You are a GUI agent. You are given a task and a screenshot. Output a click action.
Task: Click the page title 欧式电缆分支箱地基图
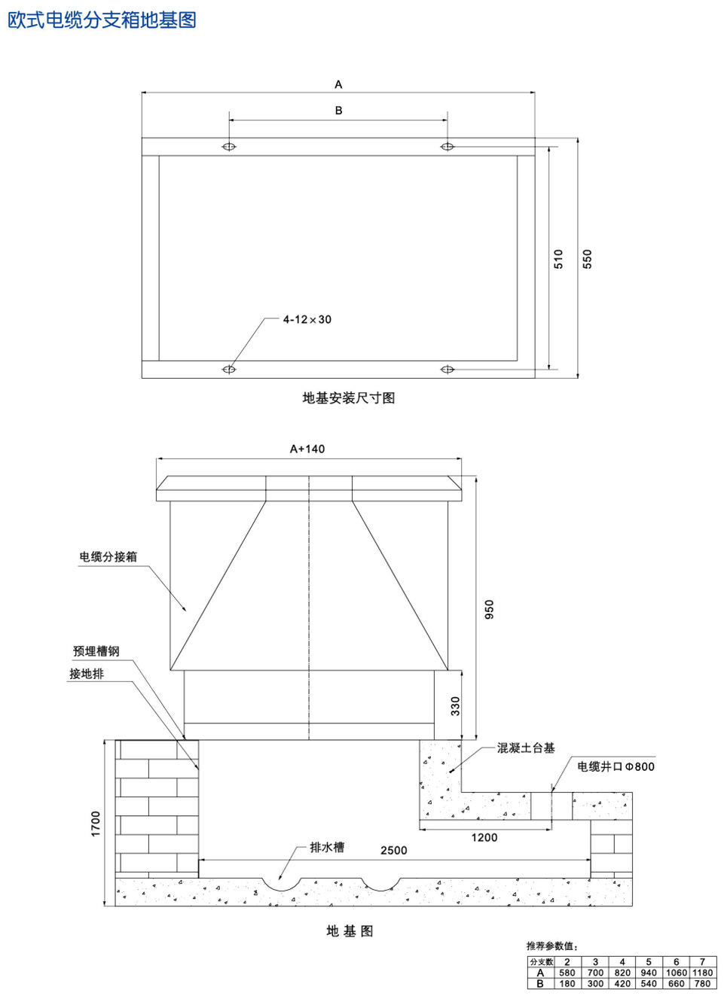click(102, 20)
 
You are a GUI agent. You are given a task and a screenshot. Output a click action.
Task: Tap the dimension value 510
click(558, 259)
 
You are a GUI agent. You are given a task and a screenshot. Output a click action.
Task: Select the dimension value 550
click(587, 259)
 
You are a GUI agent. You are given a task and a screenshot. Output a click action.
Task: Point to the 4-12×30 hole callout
click(307, 319)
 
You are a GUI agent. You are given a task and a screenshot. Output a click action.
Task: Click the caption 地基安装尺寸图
click(348, 397)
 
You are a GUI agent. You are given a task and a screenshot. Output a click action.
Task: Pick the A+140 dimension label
click(307, 449)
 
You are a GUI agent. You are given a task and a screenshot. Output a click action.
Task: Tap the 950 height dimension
click(489, 609)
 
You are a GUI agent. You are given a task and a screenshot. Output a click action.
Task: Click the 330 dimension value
click(455, 706)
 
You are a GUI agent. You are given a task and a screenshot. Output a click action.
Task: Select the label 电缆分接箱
click(108, 556)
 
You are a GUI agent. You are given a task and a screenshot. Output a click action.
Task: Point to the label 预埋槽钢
click(96, 651)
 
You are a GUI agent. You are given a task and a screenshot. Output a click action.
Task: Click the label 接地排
click(87, 674)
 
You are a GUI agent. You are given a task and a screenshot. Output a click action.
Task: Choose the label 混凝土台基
click(526, 748)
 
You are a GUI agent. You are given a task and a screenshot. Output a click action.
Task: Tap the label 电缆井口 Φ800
click(616, 766)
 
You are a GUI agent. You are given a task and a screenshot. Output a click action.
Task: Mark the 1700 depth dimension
click(96, 824)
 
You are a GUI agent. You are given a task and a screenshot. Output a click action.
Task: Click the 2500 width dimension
click(393, 850)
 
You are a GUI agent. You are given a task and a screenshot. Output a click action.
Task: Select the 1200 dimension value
click(484, 837)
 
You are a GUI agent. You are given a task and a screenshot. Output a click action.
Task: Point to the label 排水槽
click(327, 847)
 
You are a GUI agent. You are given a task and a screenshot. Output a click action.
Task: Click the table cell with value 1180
click(702, 973)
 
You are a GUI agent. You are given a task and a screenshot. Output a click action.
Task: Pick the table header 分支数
click(541, 962)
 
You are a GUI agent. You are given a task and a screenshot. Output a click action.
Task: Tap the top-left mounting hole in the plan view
click(229, 146)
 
